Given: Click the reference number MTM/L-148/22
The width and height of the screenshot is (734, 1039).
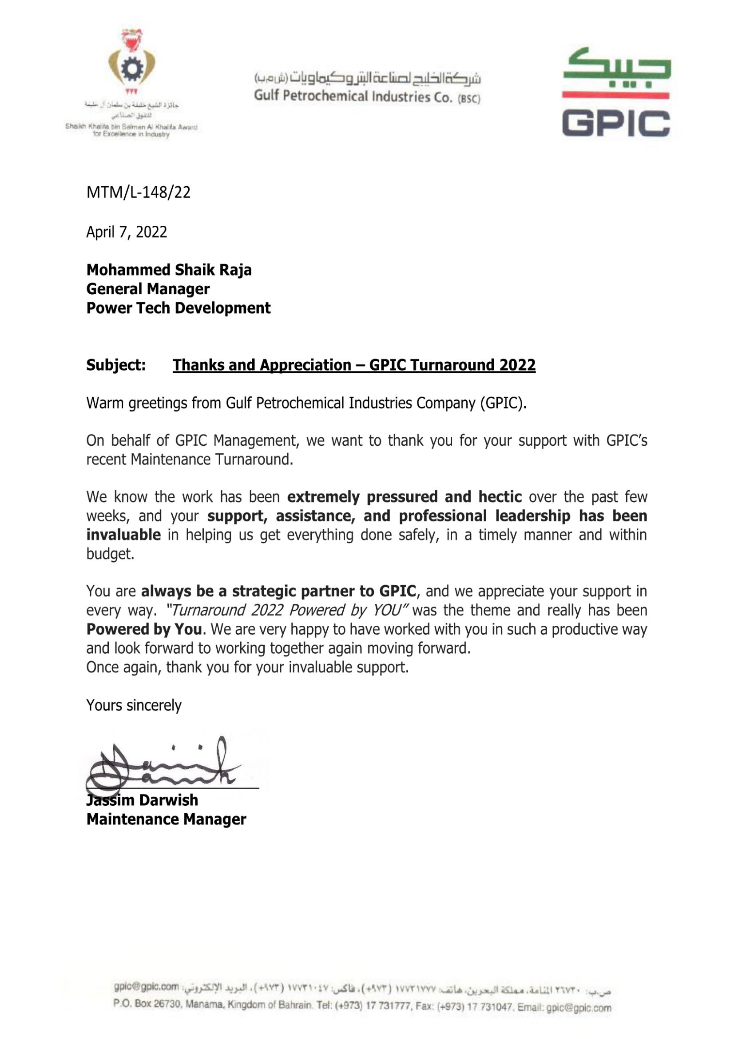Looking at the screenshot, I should pos(139,192).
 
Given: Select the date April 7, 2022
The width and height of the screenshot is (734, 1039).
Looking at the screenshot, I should pos(127,232).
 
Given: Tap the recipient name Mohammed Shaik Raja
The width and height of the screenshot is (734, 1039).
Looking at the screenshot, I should pos(169,270).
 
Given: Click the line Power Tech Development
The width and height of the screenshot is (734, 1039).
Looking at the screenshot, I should pos(178,308).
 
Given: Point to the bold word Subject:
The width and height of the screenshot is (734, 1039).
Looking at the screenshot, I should pos(116,365).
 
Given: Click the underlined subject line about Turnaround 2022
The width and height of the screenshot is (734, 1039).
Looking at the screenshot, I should pos(353,365).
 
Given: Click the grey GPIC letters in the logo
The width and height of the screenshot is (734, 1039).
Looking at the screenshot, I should pos(616,124).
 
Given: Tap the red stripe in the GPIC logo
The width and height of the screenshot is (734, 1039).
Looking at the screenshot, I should pos(616,95).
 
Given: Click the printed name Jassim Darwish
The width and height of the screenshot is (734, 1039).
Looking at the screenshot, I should pos(142,800).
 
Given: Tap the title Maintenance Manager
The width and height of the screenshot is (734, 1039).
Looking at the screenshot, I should pos(166,819).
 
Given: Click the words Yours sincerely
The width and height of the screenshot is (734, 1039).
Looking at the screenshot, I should pos(134,705).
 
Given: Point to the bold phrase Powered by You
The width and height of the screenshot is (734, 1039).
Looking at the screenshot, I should pos(144,629).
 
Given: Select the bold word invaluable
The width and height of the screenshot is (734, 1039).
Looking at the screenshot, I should pos(123,535).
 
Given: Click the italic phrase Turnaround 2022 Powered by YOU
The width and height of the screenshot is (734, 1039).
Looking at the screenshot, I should pos(288,610).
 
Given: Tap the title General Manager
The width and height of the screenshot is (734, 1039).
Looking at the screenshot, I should pos(148,289).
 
